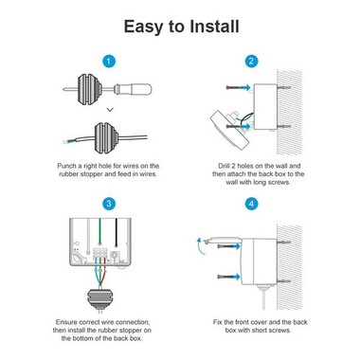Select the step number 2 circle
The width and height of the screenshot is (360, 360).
pyautogui.click(x=251, y=62)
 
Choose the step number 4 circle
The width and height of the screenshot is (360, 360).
pyautogui.click(x=251, y=202)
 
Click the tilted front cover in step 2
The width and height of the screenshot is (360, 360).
pyautogui.click(x=225, y=125)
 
